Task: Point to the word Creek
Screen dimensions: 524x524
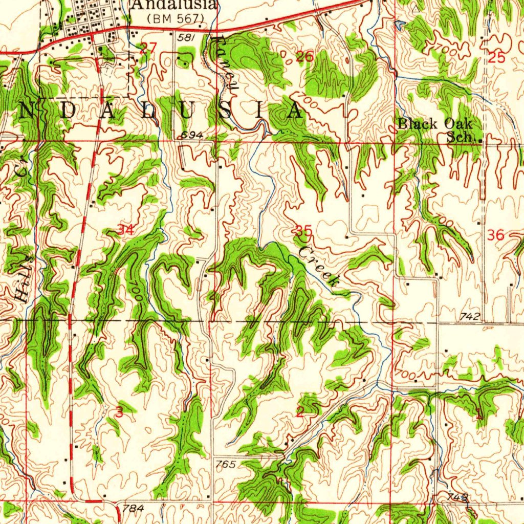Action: coord(319,265)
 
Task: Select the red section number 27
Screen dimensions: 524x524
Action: coord(148,49)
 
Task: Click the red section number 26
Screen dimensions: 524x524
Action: coord(304,57)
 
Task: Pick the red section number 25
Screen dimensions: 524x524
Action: coord(496,58)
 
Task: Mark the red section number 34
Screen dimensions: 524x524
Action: coord(126,230)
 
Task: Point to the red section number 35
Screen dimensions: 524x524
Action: coord(304,231)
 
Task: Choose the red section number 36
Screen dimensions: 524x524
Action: coord(495,235)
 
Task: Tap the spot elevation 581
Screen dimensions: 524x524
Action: coord(185,38)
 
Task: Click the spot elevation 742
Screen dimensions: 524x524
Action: coord(469,317)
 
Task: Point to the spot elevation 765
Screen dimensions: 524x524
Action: coord(225,464)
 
